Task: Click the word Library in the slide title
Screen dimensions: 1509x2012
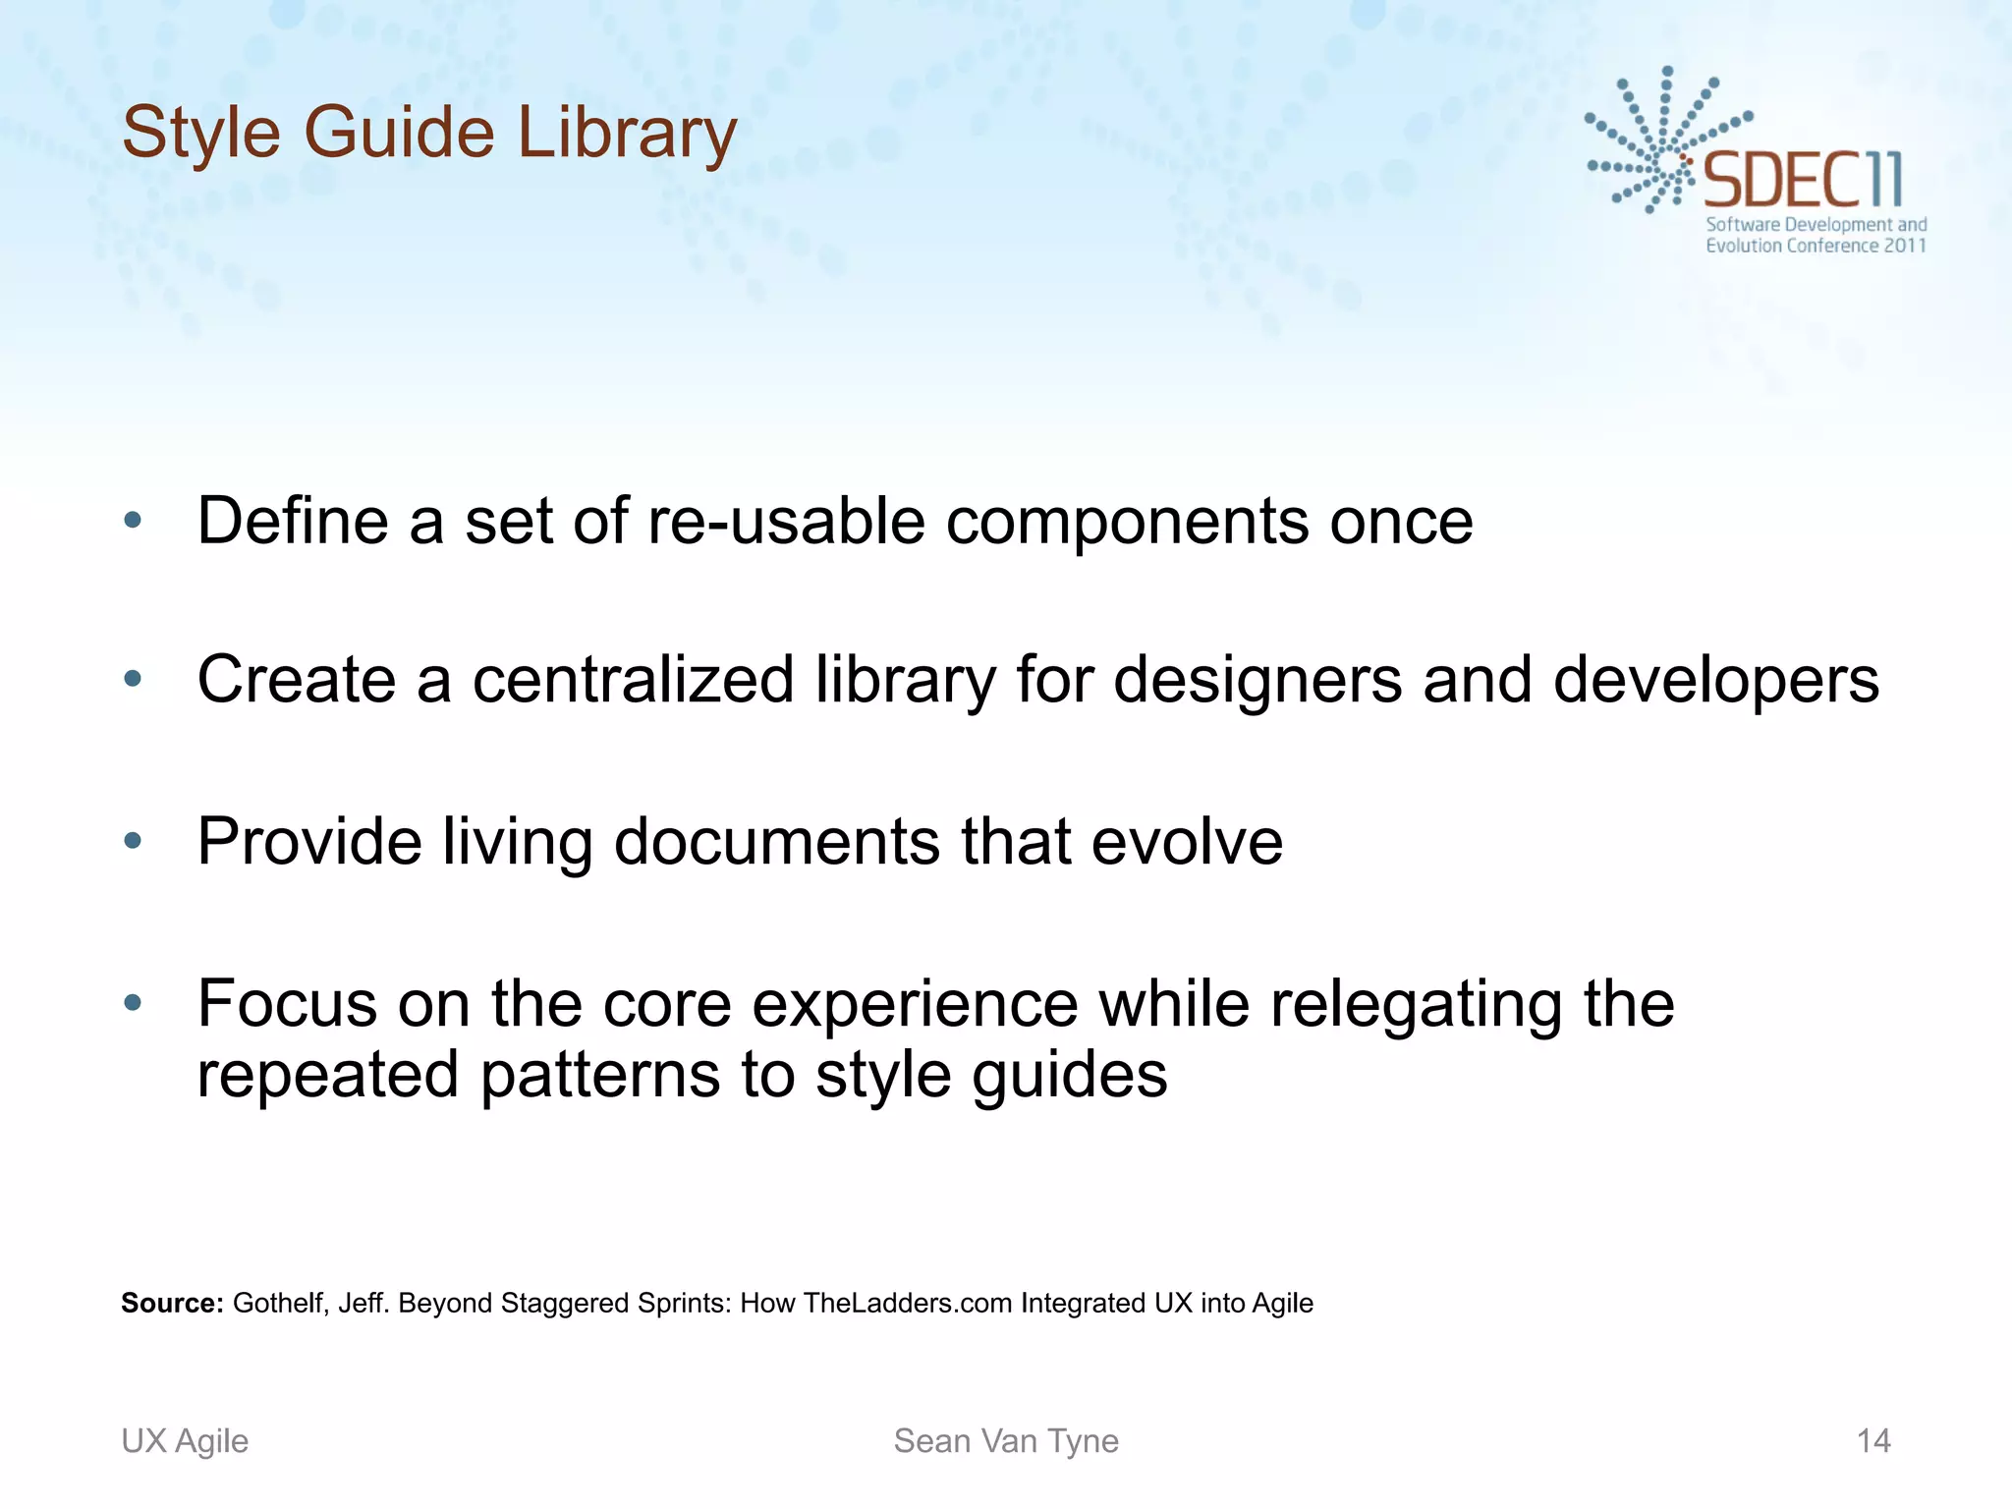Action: tap(627, 133)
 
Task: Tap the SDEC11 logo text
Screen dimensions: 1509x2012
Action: tap(1802, 181)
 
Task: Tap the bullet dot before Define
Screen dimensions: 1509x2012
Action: tap(134, 521)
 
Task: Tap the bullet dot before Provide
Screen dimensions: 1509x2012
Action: tap(134, 841)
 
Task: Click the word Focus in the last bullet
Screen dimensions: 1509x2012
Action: tap(287, 1004)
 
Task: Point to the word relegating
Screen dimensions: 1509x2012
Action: tap(1415, 1006)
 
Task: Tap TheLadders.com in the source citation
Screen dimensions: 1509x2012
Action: tap(907, 1303)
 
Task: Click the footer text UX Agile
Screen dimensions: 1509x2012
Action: tap(185, 1440)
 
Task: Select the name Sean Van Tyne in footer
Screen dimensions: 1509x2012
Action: tap(1006, 1440)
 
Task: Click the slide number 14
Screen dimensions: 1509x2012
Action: tap(1873, 1440)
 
